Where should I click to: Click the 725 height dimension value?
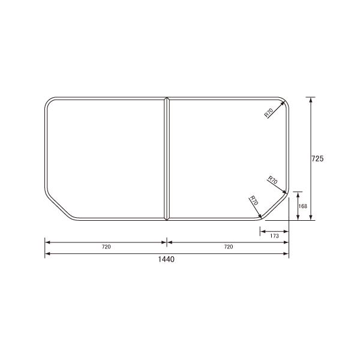[318, 159]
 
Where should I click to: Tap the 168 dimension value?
[303, 206]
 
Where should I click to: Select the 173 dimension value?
[274, 236]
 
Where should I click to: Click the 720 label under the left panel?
[106, 247]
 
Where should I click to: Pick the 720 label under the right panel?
[228, 247]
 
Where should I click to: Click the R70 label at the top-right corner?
[268, 112]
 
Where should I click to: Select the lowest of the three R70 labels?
[253, 202]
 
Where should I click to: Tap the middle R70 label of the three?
[272, 181]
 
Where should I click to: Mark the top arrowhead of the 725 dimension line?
[310, 100]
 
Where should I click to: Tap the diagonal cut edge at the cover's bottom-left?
[58, 206]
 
